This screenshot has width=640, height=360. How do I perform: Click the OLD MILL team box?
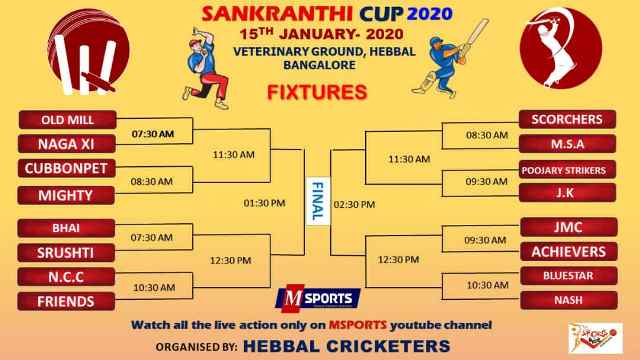[67, 120]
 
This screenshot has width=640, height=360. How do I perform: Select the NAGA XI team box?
[67, 144]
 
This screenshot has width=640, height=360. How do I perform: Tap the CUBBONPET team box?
[67, 169]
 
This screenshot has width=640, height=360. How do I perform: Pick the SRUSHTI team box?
[66, 253]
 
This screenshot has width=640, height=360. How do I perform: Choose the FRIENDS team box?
[66, 302]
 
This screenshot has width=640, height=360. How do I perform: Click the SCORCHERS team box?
[567, 119]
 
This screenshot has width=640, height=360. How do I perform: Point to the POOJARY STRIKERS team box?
[567, 170]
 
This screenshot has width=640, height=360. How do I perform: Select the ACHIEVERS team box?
[569, 252]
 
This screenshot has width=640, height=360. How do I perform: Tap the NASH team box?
[569, 300]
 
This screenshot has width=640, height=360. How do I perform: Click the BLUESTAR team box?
[569, 276]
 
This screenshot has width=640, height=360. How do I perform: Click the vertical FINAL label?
[318, 201]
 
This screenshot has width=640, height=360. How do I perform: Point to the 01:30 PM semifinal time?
[264, 203]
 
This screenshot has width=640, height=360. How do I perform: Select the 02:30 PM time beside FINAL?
[354, 204]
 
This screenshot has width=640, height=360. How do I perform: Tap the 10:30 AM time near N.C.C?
[154, 288]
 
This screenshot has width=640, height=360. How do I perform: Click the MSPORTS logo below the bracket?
[318, 298]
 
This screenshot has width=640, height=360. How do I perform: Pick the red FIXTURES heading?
[317, 92]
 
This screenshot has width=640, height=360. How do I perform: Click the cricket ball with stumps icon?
[88, 52]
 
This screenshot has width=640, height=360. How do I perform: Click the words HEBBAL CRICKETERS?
[347, 347]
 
